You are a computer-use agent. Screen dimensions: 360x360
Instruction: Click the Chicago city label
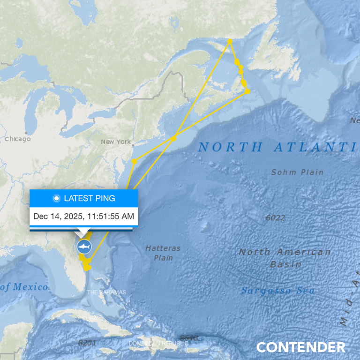coord(17,139)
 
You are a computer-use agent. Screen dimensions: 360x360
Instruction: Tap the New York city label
coord(116,142)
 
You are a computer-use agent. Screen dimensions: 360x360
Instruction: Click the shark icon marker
coord(84,247)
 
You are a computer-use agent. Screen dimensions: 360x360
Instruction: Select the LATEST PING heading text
coord(89,198)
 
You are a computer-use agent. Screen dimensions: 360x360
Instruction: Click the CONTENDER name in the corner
coord(300,347)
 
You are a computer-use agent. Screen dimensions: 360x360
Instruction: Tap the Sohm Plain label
coord(297,172)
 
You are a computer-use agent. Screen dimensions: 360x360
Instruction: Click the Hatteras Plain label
coord(163,253)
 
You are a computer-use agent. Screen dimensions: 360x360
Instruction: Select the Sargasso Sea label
coord(278,291)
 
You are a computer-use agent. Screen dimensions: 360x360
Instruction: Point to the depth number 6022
coord(275,217)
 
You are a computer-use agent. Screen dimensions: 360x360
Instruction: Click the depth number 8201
coord(87,343)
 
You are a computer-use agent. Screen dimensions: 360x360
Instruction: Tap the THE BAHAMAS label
coord(106,292)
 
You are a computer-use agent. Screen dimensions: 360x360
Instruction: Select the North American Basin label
coord(285,258)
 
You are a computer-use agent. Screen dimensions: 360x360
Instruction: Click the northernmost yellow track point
coord(230,41)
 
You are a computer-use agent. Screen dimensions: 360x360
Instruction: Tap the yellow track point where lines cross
coord(173,138)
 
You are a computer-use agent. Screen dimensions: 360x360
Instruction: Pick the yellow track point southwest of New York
coord(134,161)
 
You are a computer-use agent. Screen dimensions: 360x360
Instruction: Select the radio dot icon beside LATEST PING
coord(57,198)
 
